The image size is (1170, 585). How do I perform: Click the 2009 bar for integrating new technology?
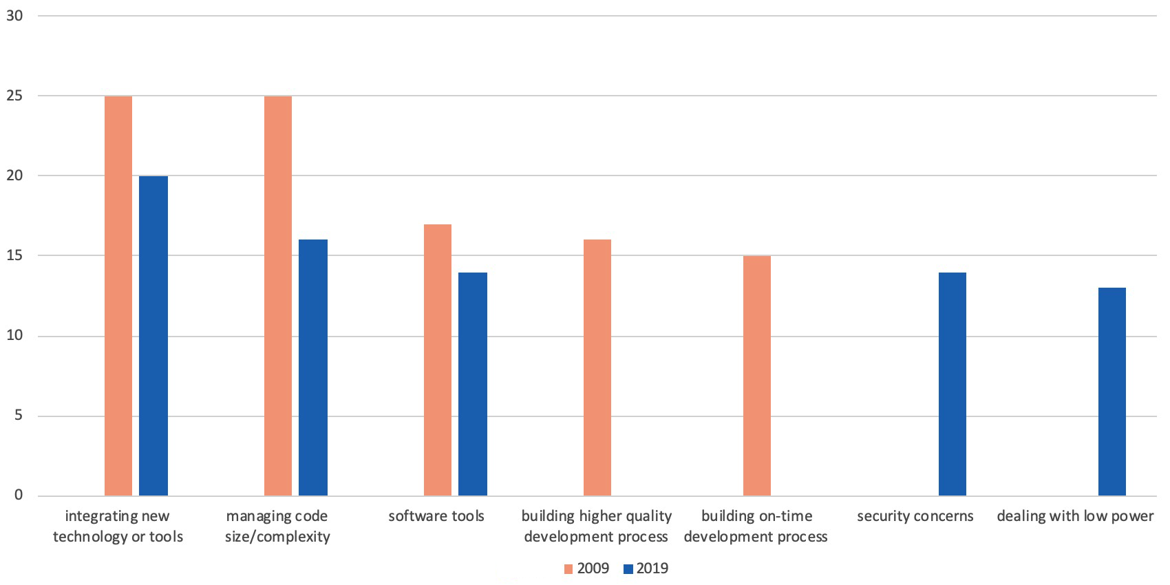118,296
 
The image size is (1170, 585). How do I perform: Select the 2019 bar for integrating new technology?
153,336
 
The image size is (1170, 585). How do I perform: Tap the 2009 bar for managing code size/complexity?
278,296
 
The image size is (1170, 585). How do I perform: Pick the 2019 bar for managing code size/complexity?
313,368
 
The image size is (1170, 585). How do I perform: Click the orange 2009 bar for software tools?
438,360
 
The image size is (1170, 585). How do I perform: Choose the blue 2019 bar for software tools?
473,384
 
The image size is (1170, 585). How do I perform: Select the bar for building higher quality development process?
597,368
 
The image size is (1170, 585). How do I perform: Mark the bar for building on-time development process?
757,376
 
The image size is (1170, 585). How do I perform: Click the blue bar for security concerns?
953,384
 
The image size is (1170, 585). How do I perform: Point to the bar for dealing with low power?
1112,392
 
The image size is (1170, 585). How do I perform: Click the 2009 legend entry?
586,568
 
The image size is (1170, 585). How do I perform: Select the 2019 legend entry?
646,568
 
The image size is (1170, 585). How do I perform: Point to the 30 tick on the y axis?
14,16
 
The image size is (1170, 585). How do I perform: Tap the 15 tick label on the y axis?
14,255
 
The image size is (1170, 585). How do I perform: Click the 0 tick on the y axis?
19,496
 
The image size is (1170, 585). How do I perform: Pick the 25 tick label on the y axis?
14,96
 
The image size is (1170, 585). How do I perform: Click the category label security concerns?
915,516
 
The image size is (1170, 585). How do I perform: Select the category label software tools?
436,516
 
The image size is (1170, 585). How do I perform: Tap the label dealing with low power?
1075,516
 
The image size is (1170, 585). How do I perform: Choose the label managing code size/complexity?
277,526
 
